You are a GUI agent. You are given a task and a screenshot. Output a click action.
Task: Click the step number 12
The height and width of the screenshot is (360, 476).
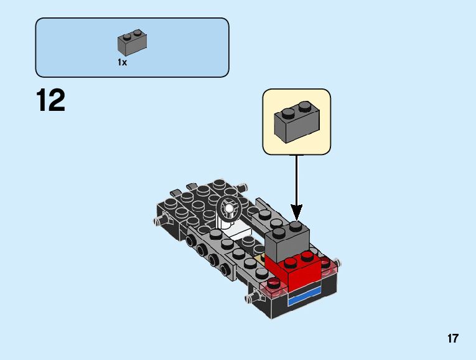click(50, 100)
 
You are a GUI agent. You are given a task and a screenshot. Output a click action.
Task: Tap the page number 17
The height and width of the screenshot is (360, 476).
click(452, 339)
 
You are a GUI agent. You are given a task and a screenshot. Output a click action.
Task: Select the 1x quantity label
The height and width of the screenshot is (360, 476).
click(122, 62)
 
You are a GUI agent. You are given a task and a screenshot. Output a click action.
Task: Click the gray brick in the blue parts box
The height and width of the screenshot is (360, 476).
click(132, 42)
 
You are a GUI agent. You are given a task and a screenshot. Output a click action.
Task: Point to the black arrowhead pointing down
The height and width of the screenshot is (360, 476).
click(296, 213)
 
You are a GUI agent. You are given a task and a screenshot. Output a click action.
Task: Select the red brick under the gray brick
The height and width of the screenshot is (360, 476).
click(296, 268)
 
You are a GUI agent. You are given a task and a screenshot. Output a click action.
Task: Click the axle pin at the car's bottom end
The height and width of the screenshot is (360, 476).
click(250, 298)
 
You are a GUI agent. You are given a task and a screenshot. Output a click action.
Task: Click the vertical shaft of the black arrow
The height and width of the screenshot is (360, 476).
click(296, 181)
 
